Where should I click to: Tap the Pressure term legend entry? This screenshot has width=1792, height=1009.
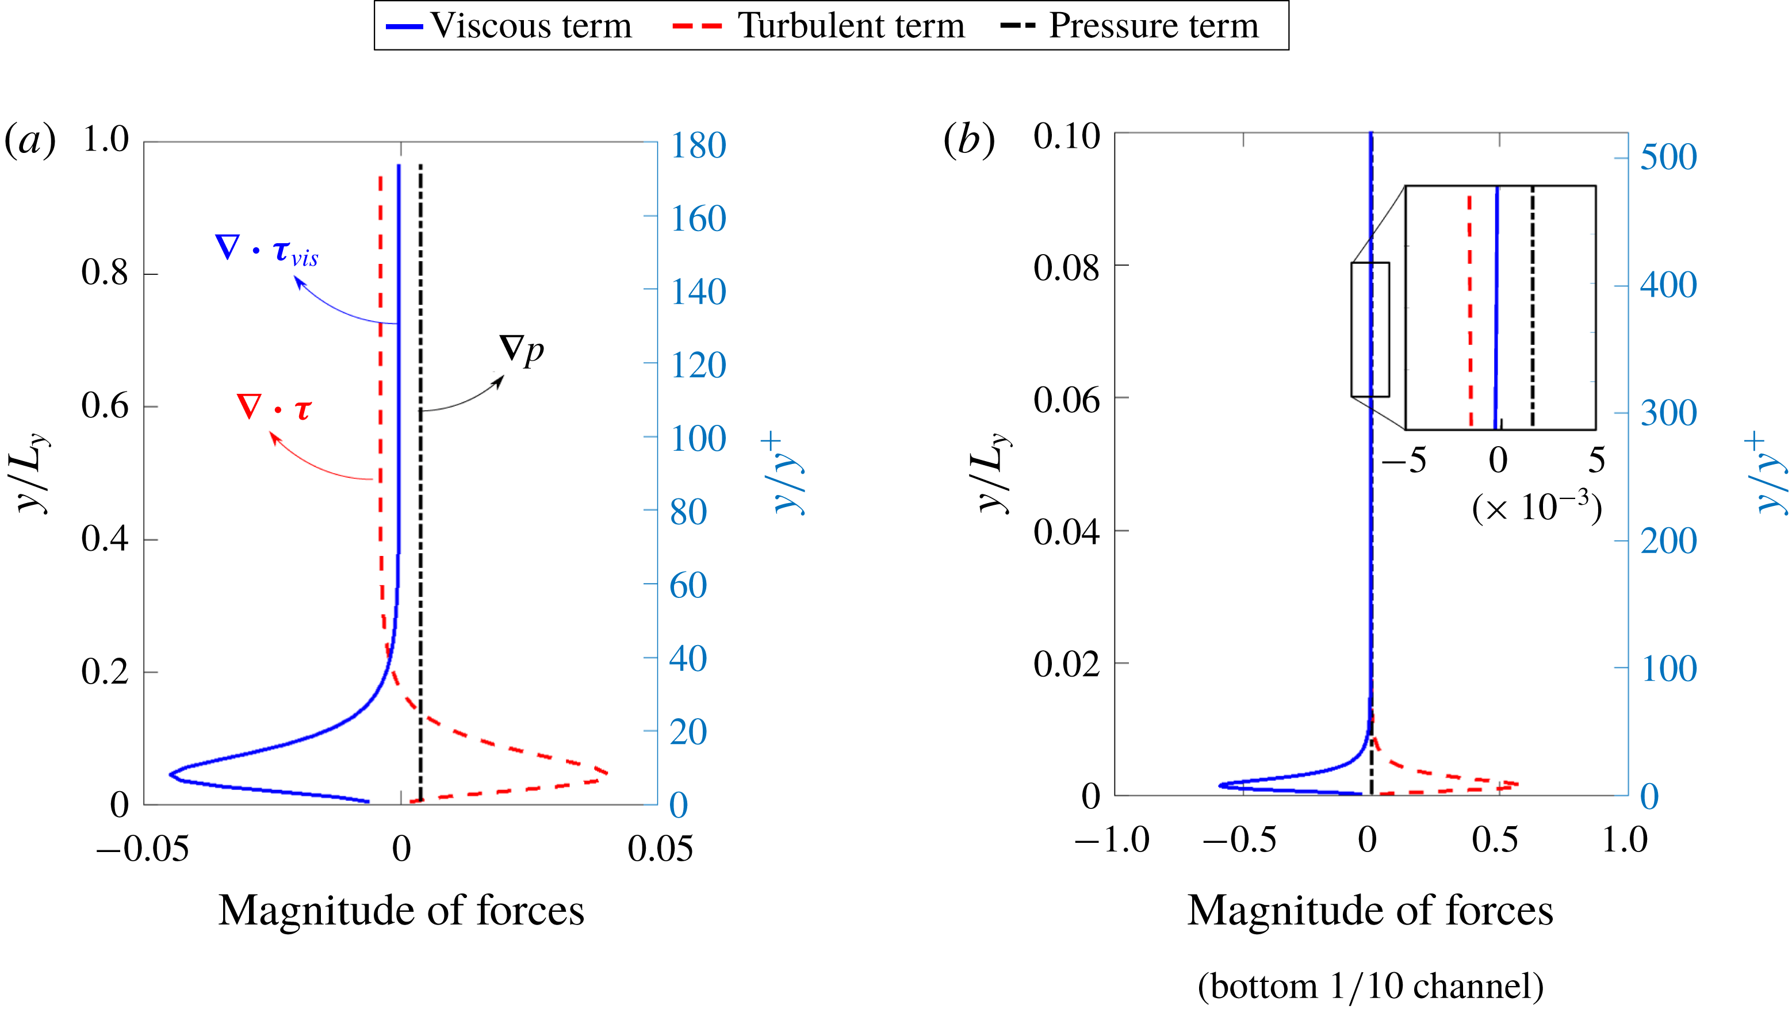tap(1131, 26)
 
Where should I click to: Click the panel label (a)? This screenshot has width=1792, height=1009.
tap(30, 140)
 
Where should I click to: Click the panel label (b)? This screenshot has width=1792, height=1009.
tap(968, 140)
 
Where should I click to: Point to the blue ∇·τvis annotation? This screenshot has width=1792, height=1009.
tap(267, 250)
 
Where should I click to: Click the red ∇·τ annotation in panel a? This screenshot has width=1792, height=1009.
tap(273, 408)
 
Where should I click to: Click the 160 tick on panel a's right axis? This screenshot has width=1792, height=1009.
tap(698, 218)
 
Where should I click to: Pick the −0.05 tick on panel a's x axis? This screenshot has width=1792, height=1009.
tap(143, 849)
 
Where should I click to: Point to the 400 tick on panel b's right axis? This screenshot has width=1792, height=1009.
tap(1668, 285)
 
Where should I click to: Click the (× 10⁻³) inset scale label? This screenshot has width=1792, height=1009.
tap(1537, 507)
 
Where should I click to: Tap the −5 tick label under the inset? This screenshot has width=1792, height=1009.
tap(1404, 461)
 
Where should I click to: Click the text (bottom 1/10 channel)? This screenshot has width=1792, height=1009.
tap(1370, 985)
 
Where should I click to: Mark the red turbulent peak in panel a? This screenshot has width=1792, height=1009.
tap(607, 773)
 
